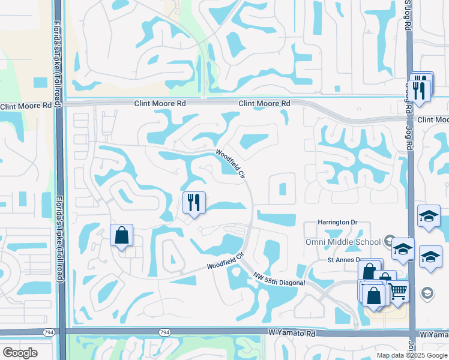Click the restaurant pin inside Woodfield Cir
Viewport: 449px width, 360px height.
194,202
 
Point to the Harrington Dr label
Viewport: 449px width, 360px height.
338,222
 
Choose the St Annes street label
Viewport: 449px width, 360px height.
343,260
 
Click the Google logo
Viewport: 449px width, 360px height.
20,353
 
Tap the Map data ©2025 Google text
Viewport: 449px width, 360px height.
412,355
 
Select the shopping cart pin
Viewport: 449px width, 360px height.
398,292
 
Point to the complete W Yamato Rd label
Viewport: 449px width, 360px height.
291,332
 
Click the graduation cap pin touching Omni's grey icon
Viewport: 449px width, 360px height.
403,248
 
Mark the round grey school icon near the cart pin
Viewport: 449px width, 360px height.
427,293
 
